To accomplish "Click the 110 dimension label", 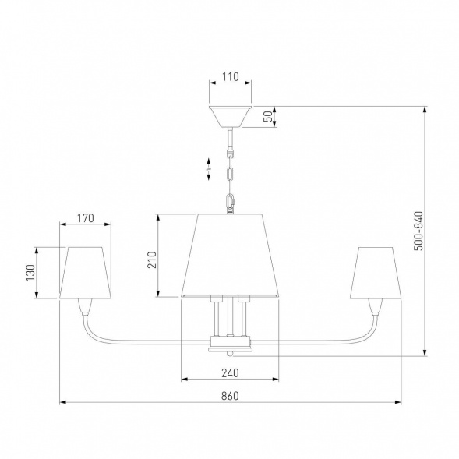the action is (x=231, y=76).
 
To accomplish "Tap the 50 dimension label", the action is (x=268, y=117).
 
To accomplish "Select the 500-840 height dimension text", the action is (x=418, y=231).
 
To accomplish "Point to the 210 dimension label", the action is (x=152, y=260).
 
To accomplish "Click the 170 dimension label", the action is (x=86, y=218).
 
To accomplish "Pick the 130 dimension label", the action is (x=30, y=273).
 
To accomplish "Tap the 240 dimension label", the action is (x=230, y=373).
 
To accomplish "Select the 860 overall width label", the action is (x=230, y=396).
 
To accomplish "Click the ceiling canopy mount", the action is (x=231, y=117).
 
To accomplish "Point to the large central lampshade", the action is (x=230, y=256).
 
